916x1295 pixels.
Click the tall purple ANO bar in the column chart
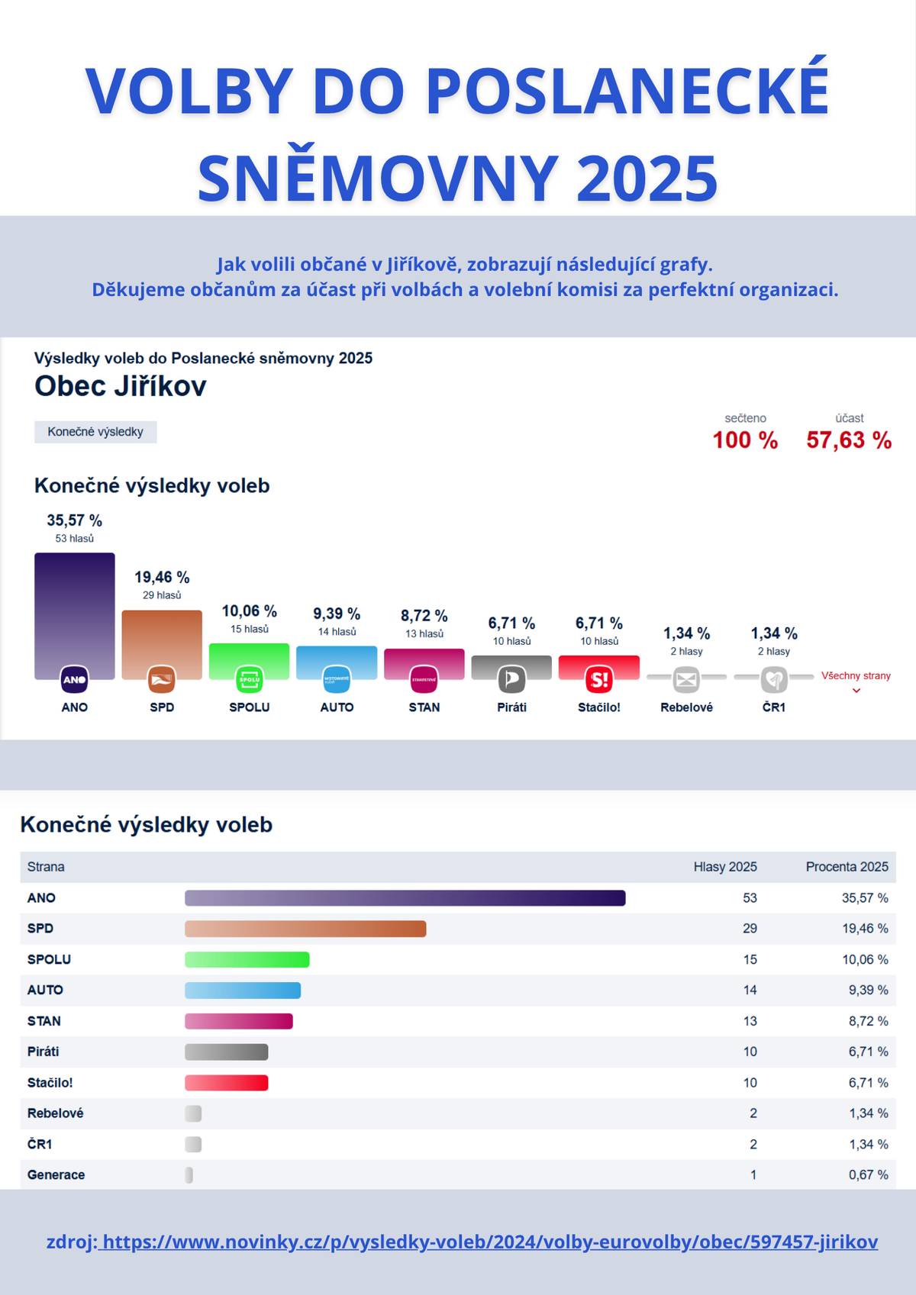(74, 610)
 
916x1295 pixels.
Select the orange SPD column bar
(162, 637)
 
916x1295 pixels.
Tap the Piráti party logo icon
(511, 678)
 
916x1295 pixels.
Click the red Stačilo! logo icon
(599, 678)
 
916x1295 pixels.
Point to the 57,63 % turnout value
(849, 440)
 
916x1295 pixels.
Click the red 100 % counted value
(745, 440)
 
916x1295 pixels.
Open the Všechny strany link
(856, 676)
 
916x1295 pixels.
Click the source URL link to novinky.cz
(489, 1242)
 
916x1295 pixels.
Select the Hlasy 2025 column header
(724, 867)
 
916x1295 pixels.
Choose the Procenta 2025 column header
(847, 867)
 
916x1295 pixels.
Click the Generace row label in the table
(56, 1175)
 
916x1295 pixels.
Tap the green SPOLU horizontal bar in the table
(247, 959)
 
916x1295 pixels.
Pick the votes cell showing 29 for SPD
(750, 929)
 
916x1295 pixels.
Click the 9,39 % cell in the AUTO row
(868, 990)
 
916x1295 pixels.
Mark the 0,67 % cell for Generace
(868, 1175)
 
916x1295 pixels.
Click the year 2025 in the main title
(647, 178)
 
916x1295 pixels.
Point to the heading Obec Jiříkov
(121, 386)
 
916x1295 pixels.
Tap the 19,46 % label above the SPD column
(162, 578)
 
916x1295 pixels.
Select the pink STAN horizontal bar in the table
(238, 1021)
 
